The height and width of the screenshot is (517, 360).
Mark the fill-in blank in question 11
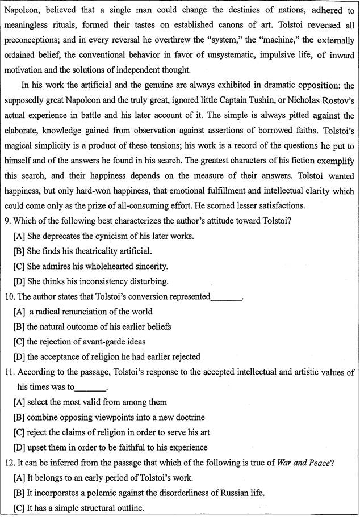coord(90,387)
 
